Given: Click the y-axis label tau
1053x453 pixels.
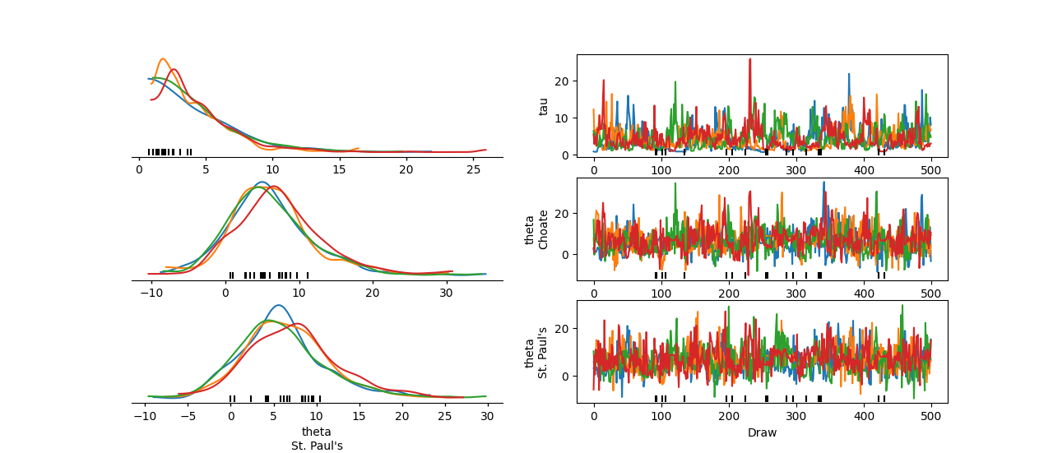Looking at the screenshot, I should (x=543, y=106).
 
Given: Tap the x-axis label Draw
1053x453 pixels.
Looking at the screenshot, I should (x=762, y=432).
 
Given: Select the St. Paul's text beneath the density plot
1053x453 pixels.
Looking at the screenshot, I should (x=317, y=446).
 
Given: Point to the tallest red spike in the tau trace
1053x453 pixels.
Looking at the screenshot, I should (x=749, y=59).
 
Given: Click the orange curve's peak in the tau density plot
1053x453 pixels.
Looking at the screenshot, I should (x=163, y=59).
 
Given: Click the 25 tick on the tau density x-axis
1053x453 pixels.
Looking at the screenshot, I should (x=473, y=169).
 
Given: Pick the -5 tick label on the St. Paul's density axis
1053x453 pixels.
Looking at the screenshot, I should (x=188, y=416).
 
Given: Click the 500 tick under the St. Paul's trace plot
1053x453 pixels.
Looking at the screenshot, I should (x=931, y=416).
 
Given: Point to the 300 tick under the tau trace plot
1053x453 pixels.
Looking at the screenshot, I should (x=796, y=169).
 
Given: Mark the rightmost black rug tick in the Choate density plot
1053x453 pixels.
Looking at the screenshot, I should (x=308, y=275).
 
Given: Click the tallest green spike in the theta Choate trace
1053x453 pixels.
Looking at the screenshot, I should (x=675, y=183).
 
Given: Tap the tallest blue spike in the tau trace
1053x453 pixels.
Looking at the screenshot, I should (x=848, y=74).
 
